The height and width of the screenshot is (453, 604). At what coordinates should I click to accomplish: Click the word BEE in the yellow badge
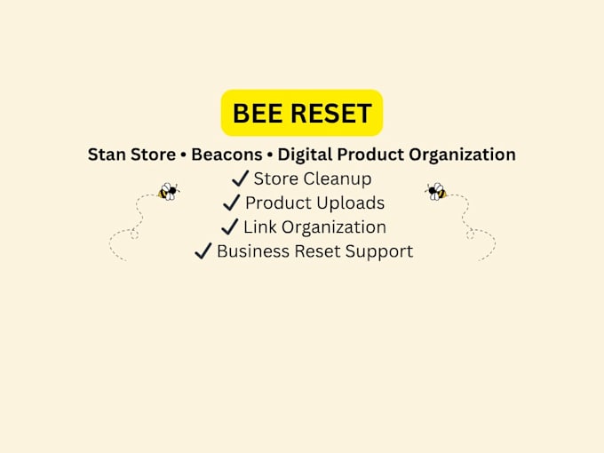tap(258, 114)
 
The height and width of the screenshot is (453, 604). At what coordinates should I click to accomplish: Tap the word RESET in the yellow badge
tap(331, 114)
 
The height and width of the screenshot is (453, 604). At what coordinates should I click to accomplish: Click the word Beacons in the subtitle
tap(226, 155)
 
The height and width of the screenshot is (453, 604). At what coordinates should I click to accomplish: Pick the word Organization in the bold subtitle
tap(462, 155)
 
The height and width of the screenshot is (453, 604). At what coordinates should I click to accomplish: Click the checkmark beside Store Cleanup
tap(241, 179)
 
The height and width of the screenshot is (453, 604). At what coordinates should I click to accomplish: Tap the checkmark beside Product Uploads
tap(232, 203)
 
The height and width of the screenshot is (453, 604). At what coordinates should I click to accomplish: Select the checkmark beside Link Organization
tap(230, 226)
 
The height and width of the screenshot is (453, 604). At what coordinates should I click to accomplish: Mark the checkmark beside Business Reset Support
tap(203, 250)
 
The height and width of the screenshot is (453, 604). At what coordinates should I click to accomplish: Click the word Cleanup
tap(338, 179)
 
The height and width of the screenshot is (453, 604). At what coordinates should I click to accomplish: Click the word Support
tap(379, 252)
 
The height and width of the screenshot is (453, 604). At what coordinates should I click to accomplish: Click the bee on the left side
tap(169, 192)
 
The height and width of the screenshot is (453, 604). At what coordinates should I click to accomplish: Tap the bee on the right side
tap(436, 192)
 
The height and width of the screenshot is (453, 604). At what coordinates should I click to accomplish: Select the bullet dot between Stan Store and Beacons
tap(183, 155)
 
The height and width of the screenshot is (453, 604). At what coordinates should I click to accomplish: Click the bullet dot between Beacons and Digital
tap(270, 155)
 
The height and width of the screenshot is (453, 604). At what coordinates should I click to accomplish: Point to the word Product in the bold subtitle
tap(370, 155)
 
